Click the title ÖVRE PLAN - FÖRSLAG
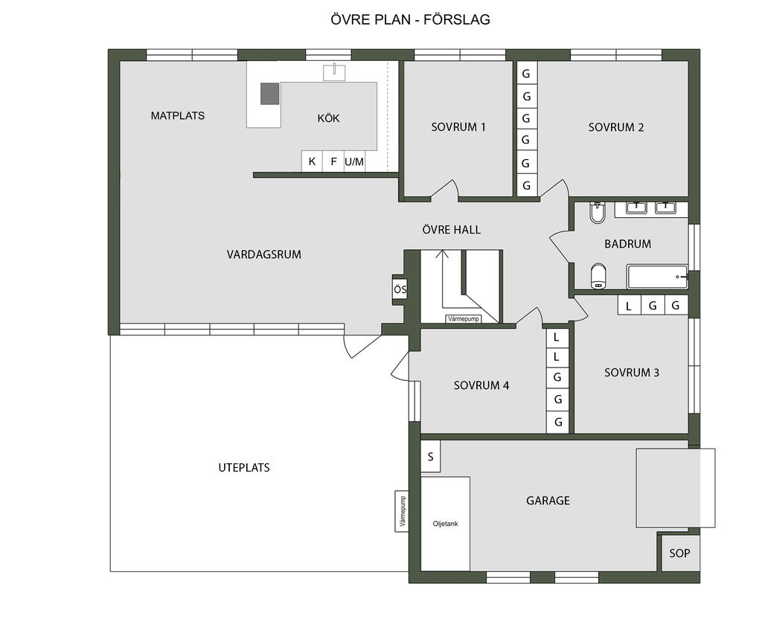[410, 19]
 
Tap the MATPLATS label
[177, 115]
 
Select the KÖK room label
[328, 118]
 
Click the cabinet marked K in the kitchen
[312, 161]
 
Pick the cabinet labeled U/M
[354, 161]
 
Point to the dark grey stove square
[269, 94]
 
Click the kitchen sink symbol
[334, 72]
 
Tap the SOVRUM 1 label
[458, 127]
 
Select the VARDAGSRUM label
[264, 254]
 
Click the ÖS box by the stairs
[400, 290]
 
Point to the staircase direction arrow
[442, 279]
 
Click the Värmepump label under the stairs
[464, 319]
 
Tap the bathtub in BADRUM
[658, 277]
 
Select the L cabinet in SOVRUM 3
[629, 306]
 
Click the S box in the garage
[431, 457]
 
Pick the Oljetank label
[445, 524]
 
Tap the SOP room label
[679, 553]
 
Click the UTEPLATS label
[244, 467]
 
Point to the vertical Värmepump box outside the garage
[401, 511]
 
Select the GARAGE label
[548, 501]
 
